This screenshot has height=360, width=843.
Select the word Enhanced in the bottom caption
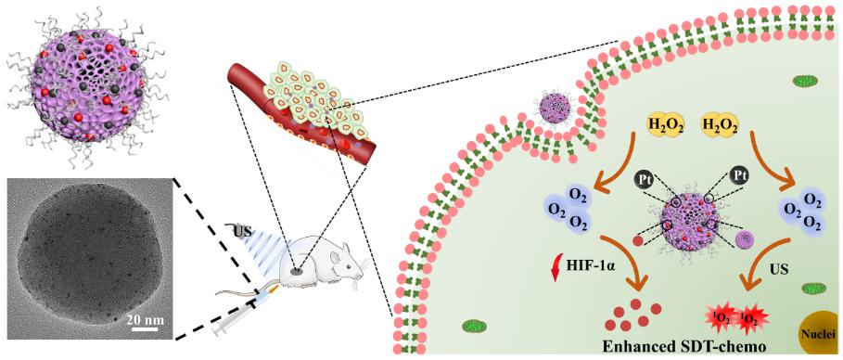632,346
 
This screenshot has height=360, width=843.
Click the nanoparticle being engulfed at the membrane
555,109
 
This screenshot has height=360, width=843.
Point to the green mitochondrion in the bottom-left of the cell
473,326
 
